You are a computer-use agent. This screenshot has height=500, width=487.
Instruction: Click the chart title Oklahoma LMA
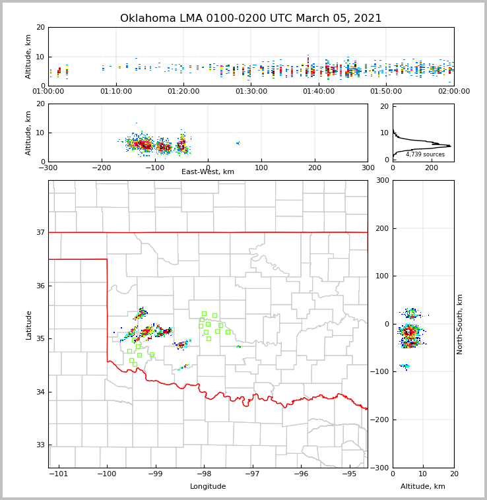pyautogui.click(x=251, y=18)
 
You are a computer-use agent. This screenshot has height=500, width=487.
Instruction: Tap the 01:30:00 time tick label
pyautogui.click(x=251, y=92)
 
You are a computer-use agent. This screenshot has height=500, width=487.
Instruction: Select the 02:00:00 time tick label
pyautogui.click(x=453, y=92)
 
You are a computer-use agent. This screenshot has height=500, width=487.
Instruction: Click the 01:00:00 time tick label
pyautogui.click(x=48, y=92)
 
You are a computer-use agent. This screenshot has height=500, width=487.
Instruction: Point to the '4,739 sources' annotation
pyautogui.click(x=425, y=154)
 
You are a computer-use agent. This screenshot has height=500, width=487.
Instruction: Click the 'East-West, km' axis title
pyautogui.click(x=208, y=172)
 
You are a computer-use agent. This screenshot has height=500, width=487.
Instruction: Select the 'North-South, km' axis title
pyautogui.click(x=460, y=324)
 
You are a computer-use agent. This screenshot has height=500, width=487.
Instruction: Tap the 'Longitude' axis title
pyautogui.click(x=208, y=487)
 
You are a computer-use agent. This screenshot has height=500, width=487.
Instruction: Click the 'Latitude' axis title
pyautogui.click(x=29, y=325)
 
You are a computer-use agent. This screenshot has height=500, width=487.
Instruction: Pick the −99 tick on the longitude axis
pyautogui.click(x=154, y=474)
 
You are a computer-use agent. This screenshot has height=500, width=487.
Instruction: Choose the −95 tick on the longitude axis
pyautogui.click(x=349, y=474)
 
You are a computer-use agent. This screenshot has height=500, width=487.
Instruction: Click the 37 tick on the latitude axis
pyautogui.click(x=40, y=232)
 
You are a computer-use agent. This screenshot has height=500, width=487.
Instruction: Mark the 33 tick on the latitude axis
pyautogui.click(x=40, y=445)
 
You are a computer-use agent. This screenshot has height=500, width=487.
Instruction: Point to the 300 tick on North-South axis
pyautogui.click(x=382, y=181)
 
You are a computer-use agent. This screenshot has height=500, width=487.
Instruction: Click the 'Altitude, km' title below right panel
pyautogui.click(x=423, y=487)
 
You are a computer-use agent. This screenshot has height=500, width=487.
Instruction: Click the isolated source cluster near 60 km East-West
pyautogui.click(x=239, y=142)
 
